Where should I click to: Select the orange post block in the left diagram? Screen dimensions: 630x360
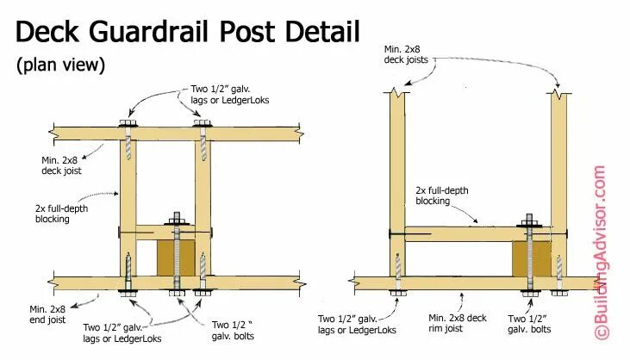176,258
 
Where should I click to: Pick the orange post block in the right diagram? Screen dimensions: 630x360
532,258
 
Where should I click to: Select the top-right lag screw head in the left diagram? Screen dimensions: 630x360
203,126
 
